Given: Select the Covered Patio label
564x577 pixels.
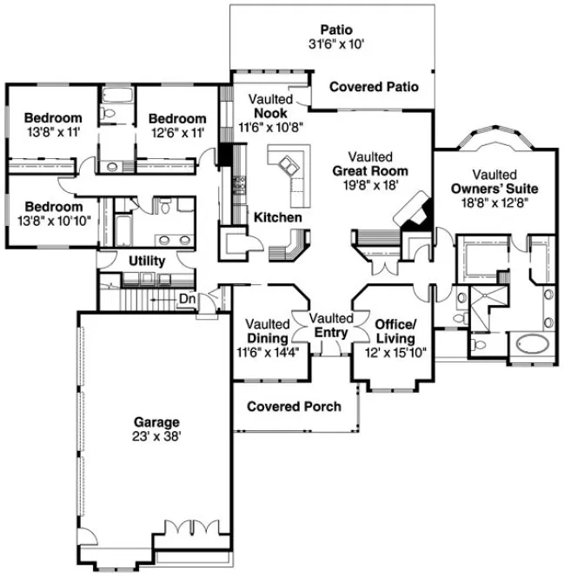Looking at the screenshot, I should (x=374, y=87).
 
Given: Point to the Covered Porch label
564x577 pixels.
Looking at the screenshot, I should (x=294, y=407).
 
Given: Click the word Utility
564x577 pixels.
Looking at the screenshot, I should (x=147, y=261).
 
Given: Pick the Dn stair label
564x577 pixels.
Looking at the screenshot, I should (x=186, y=298).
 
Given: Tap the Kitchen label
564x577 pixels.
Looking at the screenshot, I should (x=277, y=217).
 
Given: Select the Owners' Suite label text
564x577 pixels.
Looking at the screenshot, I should (x=494, y=189).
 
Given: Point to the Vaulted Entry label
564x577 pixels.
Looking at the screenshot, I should (x=331, y=325).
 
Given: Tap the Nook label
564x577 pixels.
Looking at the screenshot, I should (x=271, y=113).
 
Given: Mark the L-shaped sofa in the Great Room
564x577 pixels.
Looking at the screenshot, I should (x=290, y=166).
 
